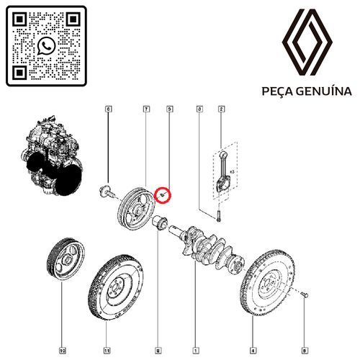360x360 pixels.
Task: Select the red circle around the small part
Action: click(x=163, y=195)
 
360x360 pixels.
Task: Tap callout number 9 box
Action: click(x=170, y=109)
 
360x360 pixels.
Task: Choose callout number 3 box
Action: click(x=199, y=109)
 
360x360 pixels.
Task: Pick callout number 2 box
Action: click(x=222, y=109)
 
